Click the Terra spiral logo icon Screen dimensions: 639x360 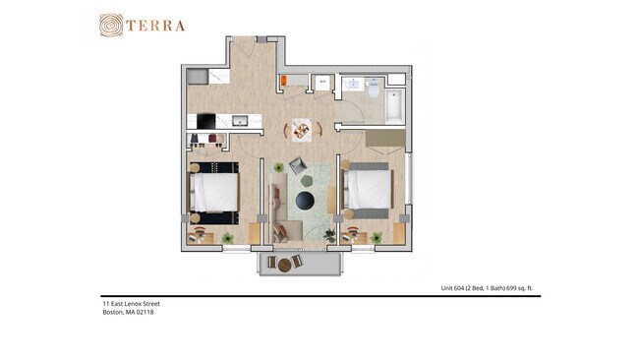click(x=111, y=26)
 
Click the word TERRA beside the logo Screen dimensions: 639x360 click(x=155, y=27)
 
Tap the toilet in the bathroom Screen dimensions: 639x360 click(x=374, y=89)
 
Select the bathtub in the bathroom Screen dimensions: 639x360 click(x=394, y=106)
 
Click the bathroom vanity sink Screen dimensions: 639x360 click(x=353, y=85)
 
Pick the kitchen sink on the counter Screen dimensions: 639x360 click(x=240, y=121)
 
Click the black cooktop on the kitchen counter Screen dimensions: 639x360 click(x=206, y=121)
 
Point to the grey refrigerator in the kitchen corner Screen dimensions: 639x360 click(x=198, y=77)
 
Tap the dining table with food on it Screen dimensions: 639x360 click(x=302, y=130)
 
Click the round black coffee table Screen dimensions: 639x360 click(x=305, y=201)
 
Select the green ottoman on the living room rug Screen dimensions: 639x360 click(x=307, y=180)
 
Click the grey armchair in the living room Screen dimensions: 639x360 click(x=298, y=164)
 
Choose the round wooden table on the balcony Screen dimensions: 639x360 click(x=284, y=265)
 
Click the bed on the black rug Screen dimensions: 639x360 click(x=214, y=193)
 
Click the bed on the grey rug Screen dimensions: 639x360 click(x=368, y=189)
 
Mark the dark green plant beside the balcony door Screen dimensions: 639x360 click(x=329, y=235)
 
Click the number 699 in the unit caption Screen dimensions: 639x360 click(x=511, y=288)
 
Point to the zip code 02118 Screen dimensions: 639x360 click(x=145, y=313)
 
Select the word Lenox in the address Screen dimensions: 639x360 click(x=132, y=304)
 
